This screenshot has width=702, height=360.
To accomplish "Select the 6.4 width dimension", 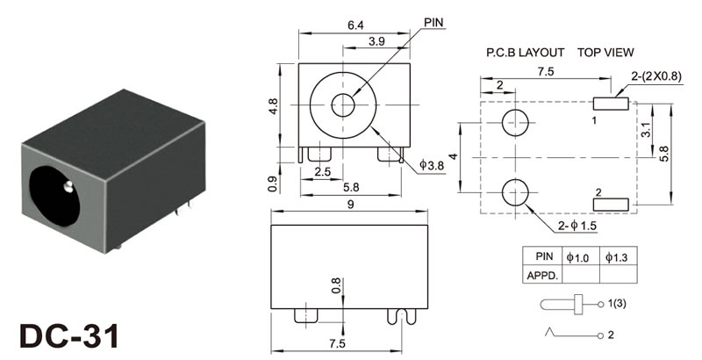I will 355,25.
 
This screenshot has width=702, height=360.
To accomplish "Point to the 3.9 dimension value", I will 377,42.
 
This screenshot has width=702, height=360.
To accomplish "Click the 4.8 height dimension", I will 274,106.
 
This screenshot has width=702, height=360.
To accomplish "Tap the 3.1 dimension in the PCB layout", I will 647,131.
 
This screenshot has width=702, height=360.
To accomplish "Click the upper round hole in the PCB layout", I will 516,122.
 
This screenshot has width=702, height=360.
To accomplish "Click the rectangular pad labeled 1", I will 612,104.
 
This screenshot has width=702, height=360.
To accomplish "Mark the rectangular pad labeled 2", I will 612,205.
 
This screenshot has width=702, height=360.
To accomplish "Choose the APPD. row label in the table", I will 542,275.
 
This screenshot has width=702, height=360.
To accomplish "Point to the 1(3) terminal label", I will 619,305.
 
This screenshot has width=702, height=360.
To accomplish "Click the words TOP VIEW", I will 605,53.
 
